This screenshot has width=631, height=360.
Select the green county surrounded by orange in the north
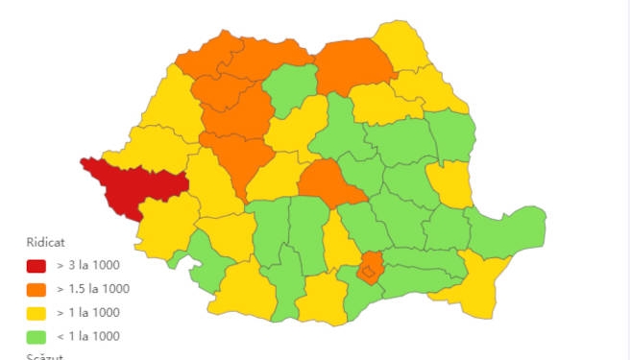289,91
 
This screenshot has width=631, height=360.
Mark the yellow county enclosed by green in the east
449,181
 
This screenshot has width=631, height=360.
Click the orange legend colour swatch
36,289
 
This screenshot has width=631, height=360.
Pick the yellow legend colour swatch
36,313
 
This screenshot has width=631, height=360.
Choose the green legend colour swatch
36,336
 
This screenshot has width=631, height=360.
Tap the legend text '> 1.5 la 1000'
93,289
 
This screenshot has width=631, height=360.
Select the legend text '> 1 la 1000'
88,313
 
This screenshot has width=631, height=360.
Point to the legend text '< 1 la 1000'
88,336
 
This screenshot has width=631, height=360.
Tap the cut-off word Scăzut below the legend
44,356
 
